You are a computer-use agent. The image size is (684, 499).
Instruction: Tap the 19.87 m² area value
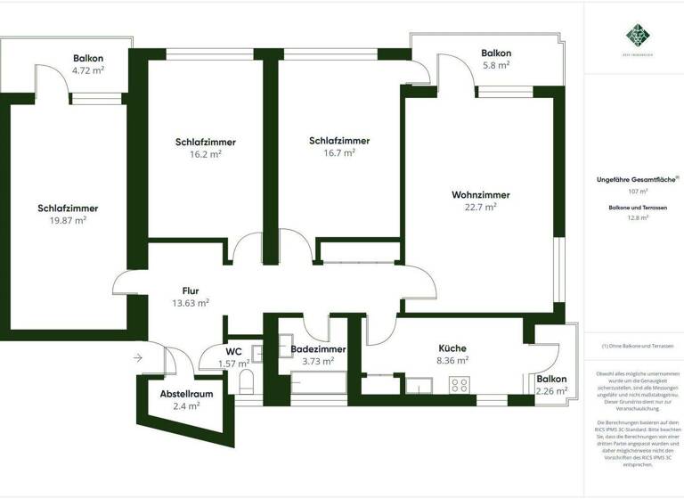(69, 220)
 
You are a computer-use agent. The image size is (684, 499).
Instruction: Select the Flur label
(190, 290)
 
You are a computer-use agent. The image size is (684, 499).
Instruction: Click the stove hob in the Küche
(460, 385)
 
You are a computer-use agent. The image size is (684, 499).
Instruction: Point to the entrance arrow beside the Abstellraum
(137, 358)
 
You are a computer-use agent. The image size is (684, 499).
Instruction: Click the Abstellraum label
(186, 393)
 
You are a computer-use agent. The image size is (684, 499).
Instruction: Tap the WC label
(234, 350)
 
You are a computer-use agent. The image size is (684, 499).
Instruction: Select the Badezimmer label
(318, 349)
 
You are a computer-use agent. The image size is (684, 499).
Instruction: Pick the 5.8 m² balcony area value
(496, 65)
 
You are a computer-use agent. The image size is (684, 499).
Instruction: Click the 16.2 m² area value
(206, 153)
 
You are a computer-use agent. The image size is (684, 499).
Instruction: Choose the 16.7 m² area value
(339, 152)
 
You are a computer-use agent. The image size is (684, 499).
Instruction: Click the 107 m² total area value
(638, 191)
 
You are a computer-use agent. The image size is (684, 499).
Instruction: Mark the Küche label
(452, 348)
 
